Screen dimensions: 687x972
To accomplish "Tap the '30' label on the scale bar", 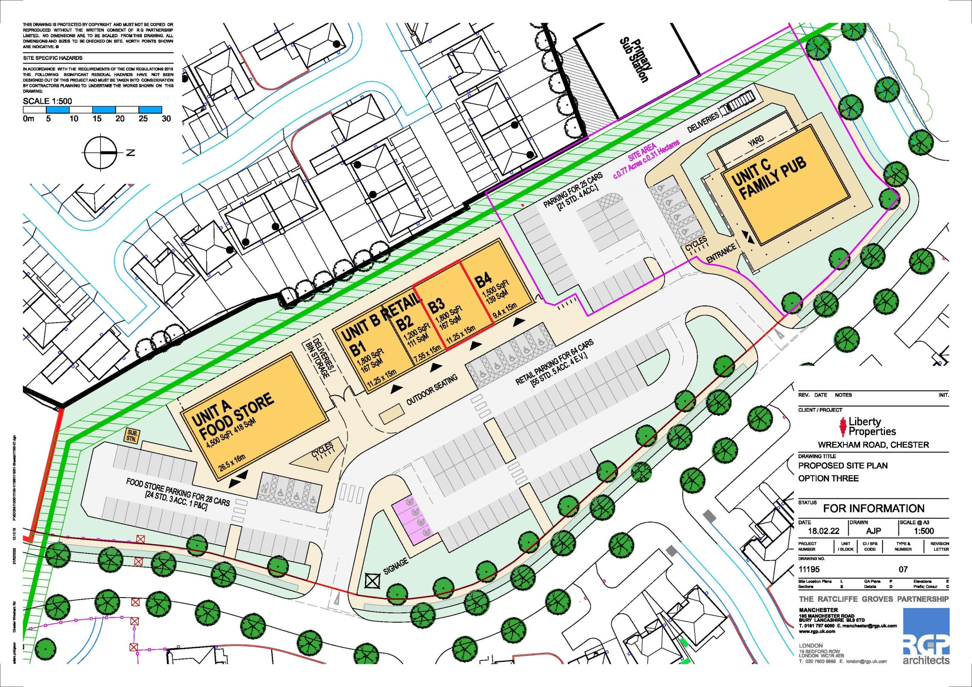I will coord(166,119).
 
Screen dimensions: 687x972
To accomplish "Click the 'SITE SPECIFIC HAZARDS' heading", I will coord(53,58).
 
